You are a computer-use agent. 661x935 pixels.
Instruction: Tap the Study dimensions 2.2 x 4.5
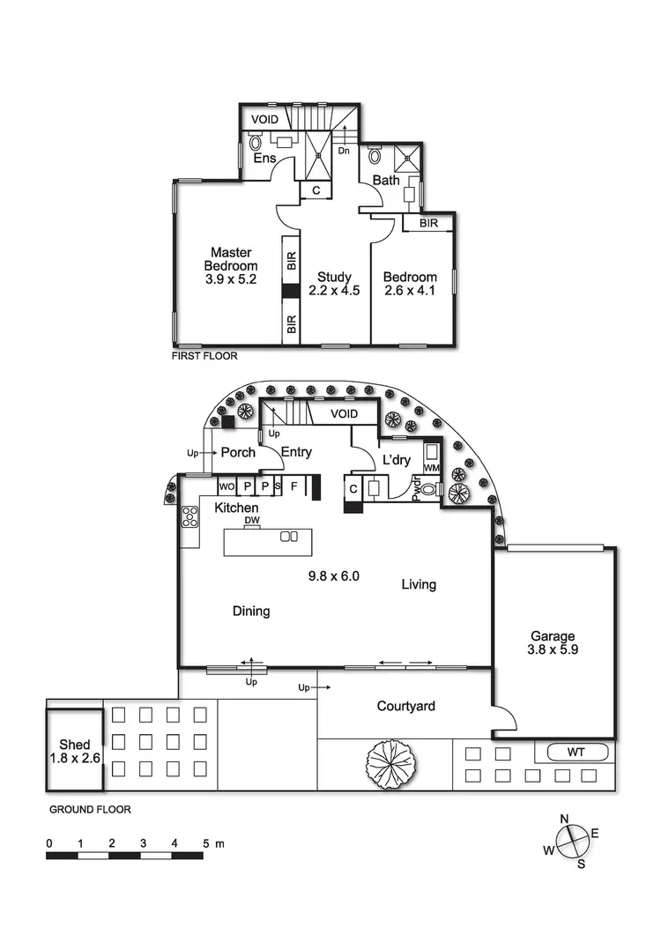click(x=334, y=290)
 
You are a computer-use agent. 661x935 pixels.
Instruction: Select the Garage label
click(x=553, y=636)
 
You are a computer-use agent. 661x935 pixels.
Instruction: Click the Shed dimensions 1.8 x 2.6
click(x=74, y=758)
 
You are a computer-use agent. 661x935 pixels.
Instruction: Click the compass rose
click(x=572, y=840)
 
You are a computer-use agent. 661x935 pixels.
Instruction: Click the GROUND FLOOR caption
click(x=90, y=810)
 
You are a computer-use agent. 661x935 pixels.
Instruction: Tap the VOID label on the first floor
click(x=264, y=117)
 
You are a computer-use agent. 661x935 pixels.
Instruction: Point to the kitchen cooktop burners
click(x=189, y=516)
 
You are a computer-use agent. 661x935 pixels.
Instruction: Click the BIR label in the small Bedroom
click(x=428, y=224)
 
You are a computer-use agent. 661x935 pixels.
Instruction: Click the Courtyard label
click(x=405, y=706)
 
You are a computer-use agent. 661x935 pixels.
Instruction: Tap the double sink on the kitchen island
click(x=288, y=537)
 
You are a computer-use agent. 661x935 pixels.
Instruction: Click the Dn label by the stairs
click(x=343, y=151)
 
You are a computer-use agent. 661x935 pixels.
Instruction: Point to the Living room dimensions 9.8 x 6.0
click(x=333, y=577)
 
